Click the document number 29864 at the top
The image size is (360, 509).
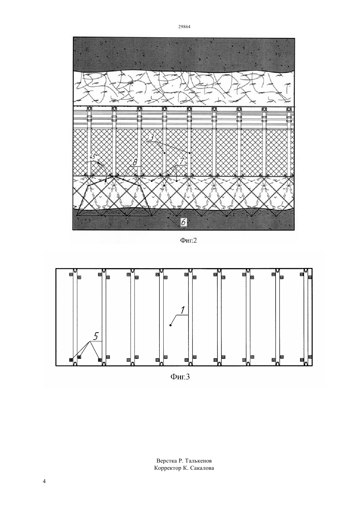click(184, 27)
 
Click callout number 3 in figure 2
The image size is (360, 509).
click(151, 137)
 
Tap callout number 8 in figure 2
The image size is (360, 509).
click(135, 162)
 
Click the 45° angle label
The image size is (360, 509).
click(93, 157)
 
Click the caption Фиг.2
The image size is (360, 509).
click(189, 241)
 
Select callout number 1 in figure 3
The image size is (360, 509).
click(183, 310)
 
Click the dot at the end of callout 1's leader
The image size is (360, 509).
click(171, 325)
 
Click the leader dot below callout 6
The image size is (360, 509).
click(168, 218)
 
